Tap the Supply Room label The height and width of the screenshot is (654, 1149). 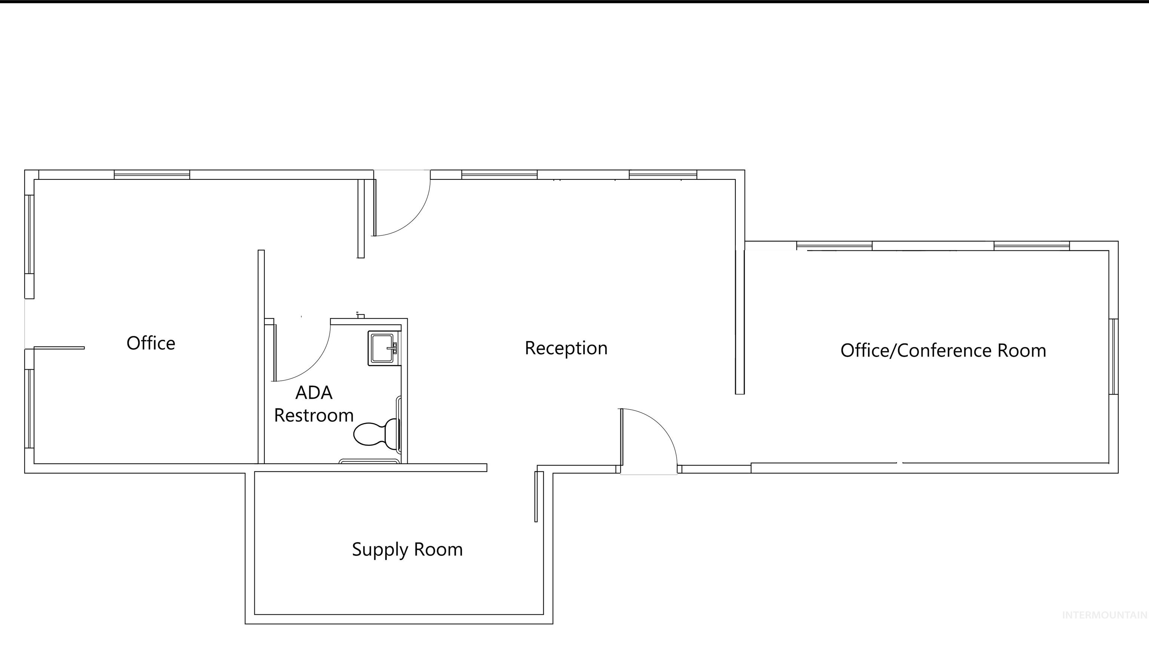[x=407, y=550]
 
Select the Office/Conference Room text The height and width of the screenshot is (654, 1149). [x=943, y=351]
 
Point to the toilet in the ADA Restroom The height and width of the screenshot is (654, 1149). [x=376, y=433]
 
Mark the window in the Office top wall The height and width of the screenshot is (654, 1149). [x=152, y=175]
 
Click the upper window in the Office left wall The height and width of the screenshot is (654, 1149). [x=29, y=234]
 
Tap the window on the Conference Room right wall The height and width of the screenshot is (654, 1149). [x=1113, y=356]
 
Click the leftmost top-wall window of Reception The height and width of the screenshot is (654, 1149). [x=499, y=175]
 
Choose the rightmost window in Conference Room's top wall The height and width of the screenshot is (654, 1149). [x=1031, y=246]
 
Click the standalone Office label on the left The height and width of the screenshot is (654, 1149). [x=151, y=343]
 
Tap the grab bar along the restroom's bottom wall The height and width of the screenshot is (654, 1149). [x=369, y=461]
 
